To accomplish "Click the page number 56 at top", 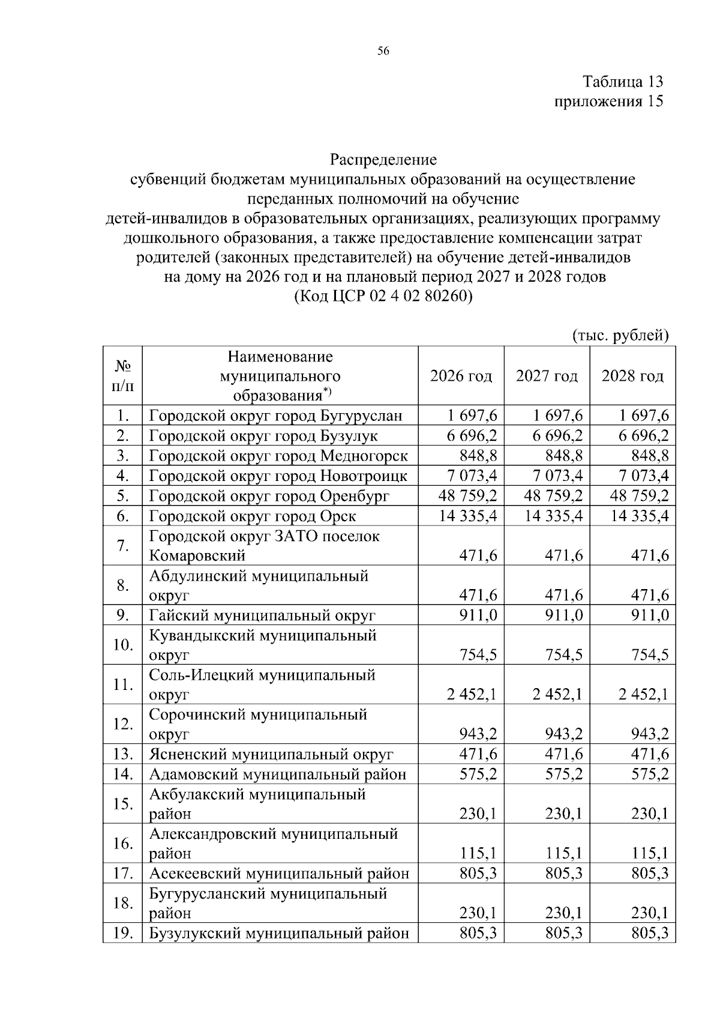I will (383, 51).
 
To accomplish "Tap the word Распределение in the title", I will (383, 160).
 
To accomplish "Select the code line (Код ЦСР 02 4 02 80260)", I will (383, 297).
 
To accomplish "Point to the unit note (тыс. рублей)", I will (620, 335).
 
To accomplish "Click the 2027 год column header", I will (547, 376).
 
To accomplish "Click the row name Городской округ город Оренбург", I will (269, 496).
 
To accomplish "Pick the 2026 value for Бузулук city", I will (472, 436).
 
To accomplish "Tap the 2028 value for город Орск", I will (640, 516).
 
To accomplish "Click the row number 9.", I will (123, 615).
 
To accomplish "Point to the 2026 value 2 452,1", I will (472, 695).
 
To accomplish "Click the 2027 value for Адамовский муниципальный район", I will (563, 774).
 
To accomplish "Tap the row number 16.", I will (123, 843).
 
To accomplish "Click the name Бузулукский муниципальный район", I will (279, 933).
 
